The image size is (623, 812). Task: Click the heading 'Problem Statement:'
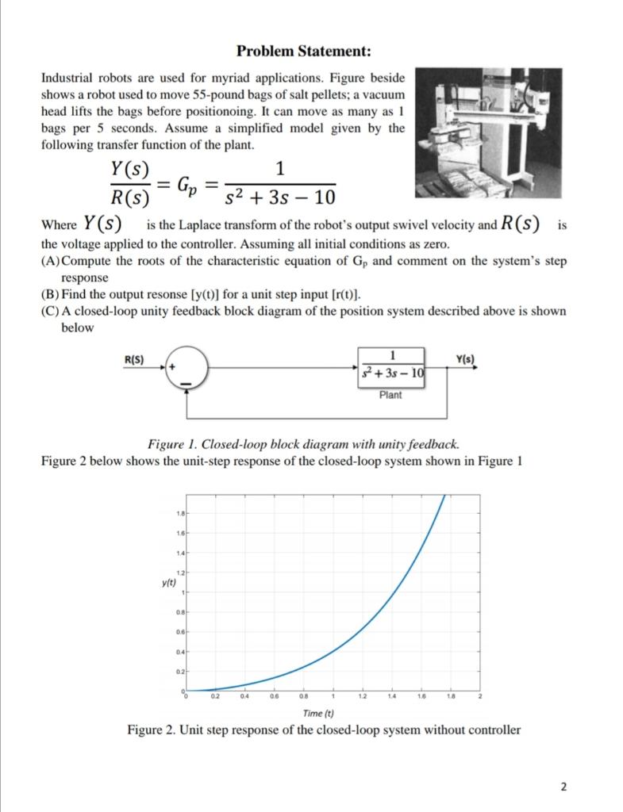[304, 52]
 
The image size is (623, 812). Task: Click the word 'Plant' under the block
[390, 395]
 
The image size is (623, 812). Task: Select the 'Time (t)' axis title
[319, 713]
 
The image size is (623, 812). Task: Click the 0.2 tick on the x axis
[214, 697]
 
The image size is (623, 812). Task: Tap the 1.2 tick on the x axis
[362, 697]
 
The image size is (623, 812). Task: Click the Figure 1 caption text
[303, 443]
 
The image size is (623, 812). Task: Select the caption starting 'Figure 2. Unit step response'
[324, 730]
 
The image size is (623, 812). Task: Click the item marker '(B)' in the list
[48, 293]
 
